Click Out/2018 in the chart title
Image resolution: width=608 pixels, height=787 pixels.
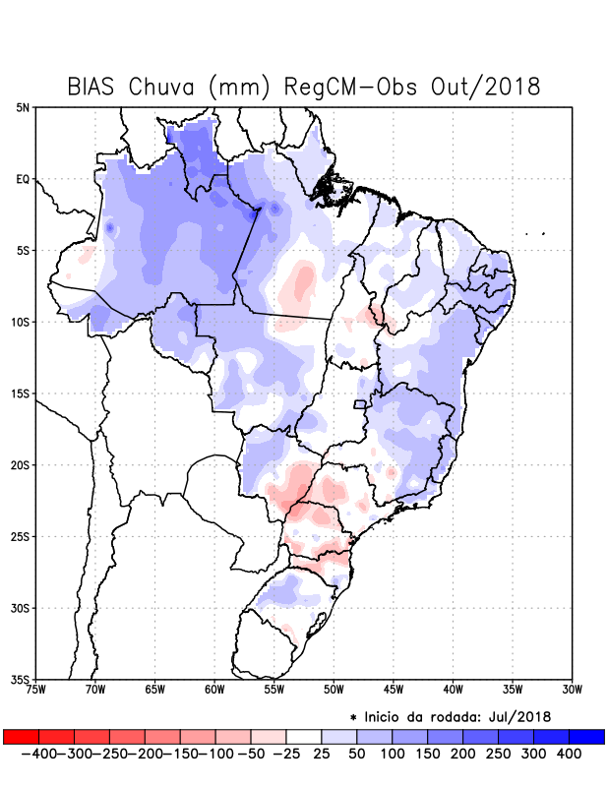pos(487,87)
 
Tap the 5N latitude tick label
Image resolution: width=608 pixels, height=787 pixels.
pos(23,107)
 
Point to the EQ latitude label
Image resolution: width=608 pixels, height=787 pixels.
pos(23,179)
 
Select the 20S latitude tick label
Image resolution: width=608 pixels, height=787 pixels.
pos(21,465)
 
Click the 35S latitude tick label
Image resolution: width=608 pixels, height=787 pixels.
pos(21,680)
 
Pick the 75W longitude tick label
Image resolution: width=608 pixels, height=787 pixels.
pos(36,690)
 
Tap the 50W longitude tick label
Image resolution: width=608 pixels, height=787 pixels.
pos(333,690)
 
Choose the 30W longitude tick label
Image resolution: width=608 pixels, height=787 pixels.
pos(572,690)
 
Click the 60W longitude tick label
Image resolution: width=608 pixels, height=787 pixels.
pos(214,690)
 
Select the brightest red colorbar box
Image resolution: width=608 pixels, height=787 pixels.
pos(22,736)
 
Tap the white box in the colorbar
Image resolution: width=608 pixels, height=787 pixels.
pos(304,736)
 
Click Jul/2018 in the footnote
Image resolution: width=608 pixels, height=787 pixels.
pos(520,716)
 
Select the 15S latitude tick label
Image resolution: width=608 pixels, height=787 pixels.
pos(21,393)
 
